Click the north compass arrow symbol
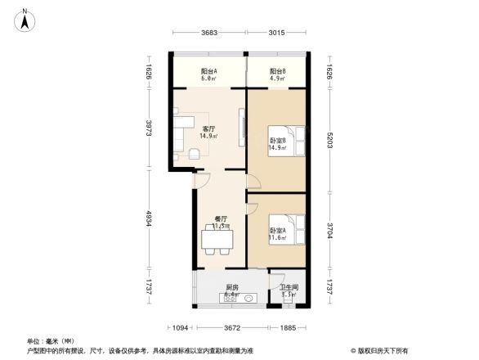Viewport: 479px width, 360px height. [27, 19]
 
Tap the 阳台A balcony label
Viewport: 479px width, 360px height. [208, 71]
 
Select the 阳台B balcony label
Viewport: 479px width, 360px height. [277, 71]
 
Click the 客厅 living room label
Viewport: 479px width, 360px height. [208, 129]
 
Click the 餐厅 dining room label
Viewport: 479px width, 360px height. [220, 218]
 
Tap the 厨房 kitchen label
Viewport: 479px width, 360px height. [231, 287]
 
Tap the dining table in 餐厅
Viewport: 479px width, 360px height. [217, 239]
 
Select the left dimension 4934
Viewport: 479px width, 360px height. [150, 221]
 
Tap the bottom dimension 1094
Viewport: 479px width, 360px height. [181, 328]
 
